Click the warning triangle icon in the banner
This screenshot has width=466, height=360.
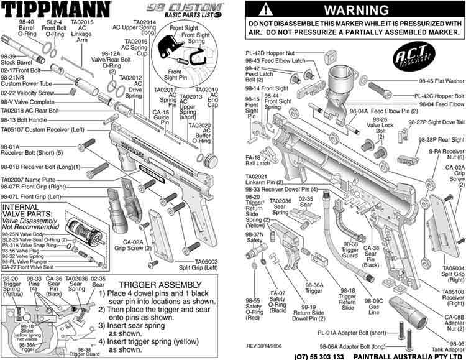click(x=265, y=10)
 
